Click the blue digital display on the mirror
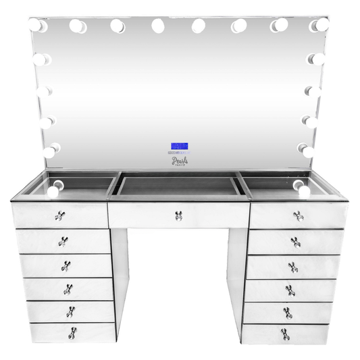pyautogui.click(x=180, y=146)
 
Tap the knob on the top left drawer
pyautogui.click(x=59, y=217)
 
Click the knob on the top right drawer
pyautogui.click(x=298, y=216)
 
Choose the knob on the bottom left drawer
pyautogui.click(x=72, y=332)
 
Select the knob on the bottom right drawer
pyautogui.click(x=286, y=332)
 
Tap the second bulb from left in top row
pyautogui.click(x=77, y=26)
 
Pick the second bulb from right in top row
pyautogui.click(x=279, y=26)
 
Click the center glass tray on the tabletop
pyautogui.click(x=179, y=186)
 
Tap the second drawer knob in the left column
pyautogui.click(x=63, y=241)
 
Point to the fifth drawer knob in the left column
pyautogui.click(x=70, y=311)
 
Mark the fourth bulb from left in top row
pyautogui.click(x=158, y=26)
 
